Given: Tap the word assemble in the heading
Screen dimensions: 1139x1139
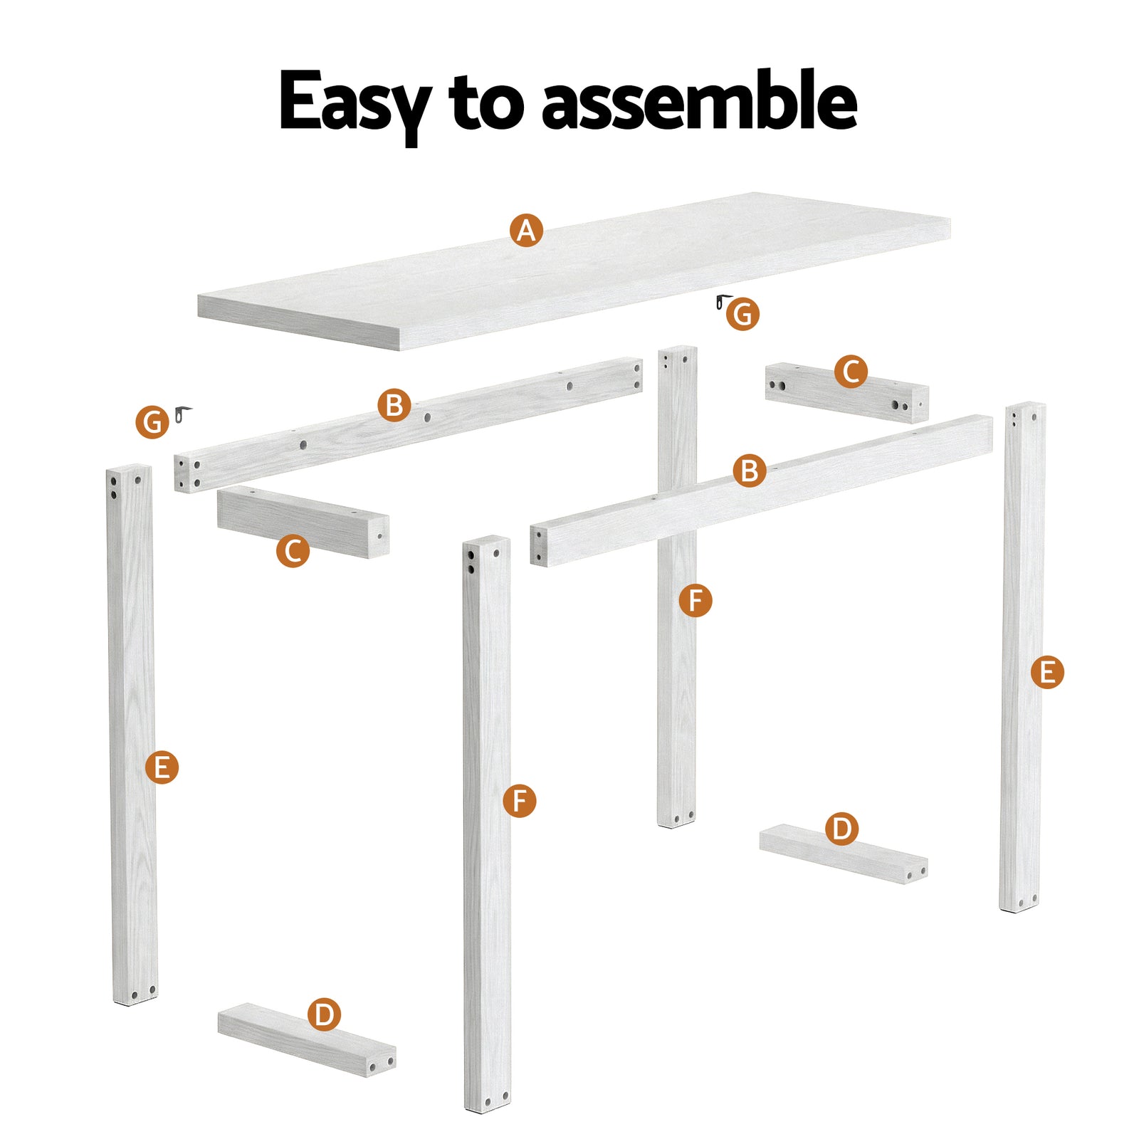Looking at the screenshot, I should (x=699, y=102).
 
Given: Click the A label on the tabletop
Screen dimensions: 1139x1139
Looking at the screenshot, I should (x=526, y=231).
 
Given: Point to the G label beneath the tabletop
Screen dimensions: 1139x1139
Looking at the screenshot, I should (x=742, y=314).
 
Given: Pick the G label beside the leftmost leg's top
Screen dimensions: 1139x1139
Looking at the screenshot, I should (x=152, y=422).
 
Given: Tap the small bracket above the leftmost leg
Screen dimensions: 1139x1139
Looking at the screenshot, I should (x=183, y=413).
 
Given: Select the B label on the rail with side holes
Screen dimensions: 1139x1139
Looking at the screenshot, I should (x=394, y=405).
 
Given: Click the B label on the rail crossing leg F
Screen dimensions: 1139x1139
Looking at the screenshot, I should (x=750, y=471).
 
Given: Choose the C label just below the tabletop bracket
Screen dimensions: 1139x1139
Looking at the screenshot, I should (x=851, y=372).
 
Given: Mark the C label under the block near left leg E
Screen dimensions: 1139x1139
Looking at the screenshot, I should (x=293, y=551).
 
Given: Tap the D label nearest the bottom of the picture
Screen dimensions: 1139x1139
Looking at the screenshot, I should (x=324, y=1014).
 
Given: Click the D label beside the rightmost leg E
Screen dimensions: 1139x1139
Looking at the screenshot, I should (x=841, y=829).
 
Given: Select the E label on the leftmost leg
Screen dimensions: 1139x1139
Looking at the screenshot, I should (x=162, y=767).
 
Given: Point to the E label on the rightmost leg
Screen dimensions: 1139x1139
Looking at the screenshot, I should (x=1047, y=672).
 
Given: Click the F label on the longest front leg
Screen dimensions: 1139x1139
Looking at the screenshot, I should (x=519, y=801).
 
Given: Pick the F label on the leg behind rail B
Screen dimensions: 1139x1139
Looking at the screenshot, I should (x=695, y=600).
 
